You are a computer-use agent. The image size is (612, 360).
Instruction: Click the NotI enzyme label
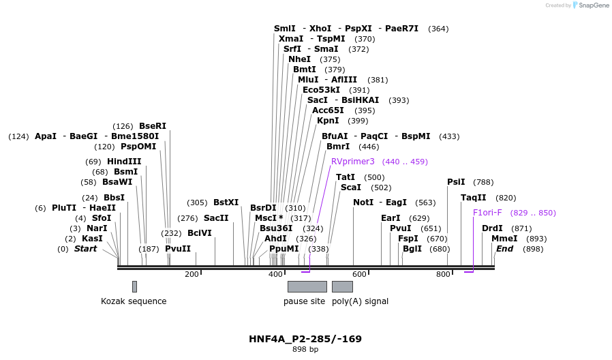coord(363,202)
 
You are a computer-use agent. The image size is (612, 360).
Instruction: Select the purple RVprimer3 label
coord(352,162)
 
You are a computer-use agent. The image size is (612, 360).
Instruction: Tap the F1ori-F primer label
coord(487,213)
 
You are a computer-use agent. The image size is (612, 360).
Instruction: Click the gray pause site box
coord(307,286)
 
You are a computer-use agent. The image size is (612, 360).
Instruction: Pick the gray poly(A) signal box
coord(342,286)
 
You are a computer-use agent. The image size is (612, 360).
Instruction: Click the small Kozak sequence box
coord(134,286)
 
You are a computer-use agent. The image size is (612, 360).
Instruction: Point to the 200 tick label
coord(192,274)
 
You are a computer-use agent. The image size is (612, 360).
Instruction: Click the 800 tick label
coord(443,274)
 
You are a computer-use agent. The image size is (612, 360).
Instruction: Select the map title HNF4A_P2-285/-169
coord(305,339)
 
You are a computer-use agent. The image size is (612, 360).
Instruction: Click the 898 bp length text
coord(305,350)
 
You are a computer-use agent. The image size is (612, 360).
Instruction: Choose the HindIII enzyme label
coord(124,162)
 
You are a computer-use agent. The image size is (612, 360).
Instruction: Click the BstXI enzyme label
coord(226,202)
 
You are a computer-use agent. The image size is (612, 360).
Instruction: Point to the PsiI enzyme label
coord(456,182)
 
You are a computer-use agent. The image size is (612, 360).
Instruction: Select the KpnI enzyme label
coord(328,121)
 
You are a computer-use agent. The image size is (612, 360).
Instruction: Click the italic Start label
coord(85,249)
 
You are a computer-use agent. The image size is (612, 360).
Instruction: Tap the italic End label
coord(505,249)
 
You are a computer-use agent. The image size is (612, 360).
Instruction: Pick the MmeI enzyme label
coord(504,239)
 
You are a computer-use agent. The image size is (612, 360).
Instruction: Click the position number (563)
coord(425,202)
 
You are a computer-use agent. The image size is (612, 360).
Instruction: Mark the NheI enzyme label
coord(299,59)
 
